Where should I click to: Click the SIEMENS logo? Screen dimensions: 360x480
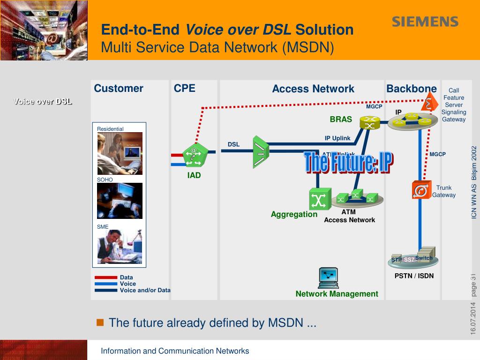425,22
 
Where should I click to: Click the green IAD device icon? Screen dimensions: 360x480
193,156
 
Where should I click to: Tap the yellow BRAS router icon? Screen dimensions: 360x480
369,123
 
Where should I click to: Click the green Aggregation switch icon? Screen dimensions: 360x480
320,199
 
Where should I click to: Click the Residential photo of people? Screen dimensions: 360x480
120,153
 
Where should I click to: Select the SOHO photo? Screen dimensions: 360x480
120,201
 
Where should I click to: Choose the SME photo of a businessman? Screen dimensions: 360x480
120,247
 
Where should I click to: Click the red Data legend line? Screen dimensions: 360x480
105,277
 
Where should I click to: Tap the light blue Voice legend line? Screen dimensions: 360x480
105,284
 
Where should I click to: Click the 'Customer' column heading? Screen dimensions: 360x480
119,89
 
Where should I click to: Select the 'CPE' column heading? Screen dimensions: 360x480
185,89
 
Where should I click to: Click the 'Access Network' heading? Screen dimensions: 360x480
313,89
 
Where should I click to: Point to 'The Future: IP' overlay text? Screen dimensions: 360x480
348,163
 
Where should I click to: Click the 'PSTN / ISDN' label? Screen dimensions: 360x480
414,276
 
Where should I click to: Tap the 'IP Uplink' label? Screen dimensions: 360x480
337,138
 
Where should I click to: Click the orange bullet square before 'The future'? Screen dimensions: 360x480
100,322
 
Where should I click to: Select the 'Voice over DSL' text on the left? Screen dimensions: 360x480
43,101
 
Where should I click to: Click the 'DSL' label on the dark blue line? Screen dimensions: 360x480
233,144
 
